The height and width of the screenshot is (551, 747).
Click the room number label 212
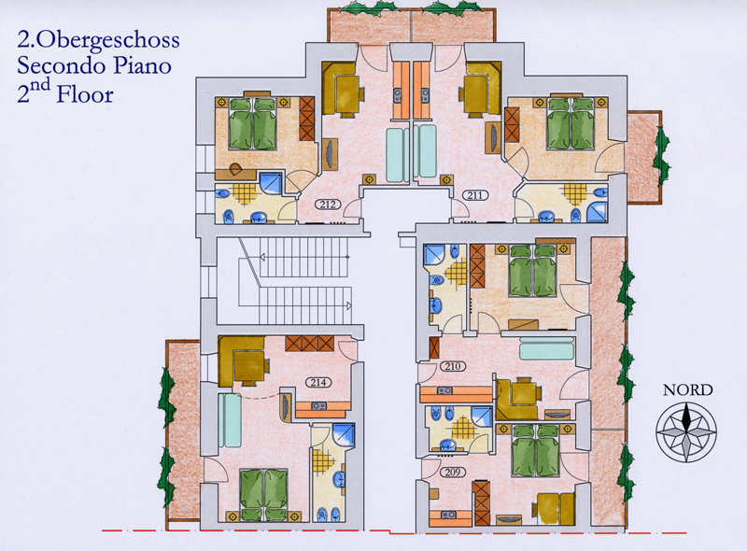click(x=328, y=205)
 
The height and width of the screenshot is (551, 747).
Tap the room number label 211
click(x=474, y=195)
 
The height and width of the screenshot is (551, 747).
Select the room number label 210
click(x=453, y=366)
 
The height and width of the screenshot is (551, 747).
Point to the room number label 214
click(x=318, y=382)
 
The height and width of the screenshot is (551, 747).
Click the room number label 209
click(x=453, y=473)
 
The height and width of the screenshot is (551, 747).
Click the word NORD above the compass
click(x=687, y=389)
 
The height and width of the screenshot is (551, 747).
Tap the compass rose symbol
click(x=685, y=431)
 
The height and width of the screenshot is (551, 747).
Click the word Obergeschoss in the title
click(x=107, y=41)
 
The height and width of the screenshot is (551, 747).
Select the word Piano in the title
click(x=142, y=65)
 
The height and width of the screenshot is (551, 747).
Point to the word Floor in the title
click(x=85, y=94)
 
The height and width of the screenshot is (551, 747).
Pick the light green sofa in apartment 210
click(x=546, y=348)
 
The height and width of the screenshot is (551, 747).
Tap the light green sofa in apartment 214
click(x=230, y=420)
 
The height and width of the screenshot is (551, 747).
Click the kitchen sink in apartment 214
click(x=318, y=406)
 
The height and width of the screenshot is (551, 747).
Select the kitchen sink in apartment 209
click(x=448, y=515)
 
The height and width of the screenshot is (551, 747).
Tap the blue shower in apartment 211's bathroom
click(x=597, y=212)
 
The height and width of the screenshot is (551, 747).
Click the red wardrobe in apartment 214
click(x=310, y=343)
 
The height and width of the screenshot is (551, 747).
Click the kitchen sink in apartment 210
click(x=444, y=391)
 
